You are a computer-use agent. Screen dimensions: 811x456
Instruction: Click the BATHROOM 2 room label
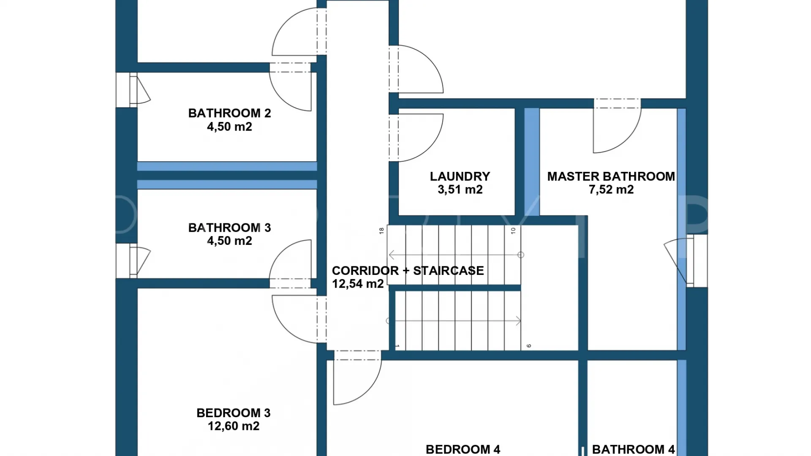(x=229, y=113)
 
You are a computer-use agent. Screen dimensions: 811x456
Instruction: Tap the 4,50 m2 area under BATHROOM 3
(x=229, y=241)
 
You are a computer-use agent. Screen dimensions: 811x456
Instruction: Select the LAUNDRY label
(x=460, y=176)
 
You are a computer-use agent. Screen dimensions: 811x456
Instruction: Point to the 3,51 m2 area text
(x=460, y=190)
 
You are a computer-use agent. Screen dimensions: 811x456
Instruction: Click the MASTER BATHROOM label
(x=611, y=176)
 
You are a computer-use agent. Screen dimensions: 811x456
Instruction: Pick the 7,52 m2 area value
(x=611, y=190)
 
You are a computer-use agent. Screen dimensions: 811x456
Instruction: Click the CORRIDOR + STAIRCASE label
(x=408, y=271)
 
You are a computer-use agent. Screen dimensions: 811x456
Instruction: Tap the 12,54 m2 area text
(x=358, y=284)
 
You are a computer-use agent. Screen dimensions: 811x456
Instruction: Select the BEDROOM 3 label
(x=234, y=413)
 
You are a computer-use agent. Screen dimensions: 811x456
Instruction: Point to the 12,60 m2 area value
(x=234, y=426)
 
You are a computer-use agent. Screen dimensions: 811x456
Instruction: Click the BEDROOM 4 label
(x=463, y=450)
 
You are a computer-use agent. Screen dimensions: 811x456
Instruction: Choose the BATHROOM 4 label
(x=634, y=450)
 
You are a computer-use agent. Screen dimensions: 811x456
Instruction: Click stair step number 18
(x=381, y=231)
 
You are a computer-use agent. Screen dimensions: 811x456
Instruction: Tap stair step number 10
(x=513, y=231)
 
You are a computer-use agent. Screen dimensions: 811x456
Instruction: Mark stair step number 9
(x=528, y=346)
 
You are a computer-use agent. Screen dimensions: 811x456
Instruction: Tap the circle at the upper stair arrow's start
(x=521, y=255)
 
